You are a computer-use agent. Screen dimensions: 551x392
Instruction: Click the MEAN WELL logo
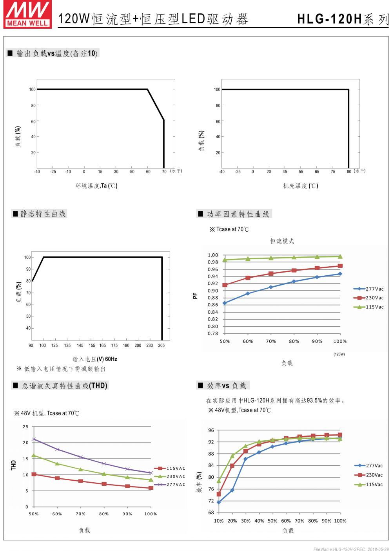[x=27, y=14]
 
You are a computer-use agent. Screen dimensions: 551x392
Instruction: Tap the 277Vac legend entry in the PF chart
[x=368, y=289]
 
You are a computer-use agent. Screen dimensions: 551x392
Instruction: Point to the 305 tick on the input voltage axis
[x=161, y=346]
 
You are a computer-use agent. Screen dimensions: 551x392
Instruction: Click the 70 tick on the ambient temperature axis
[x=164, y=172]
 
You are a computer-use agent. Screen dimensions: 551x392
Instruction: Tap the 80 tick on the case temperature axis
[x=349, y=172]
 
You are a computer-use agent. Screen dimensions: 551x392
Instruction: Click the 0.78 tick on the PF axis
[x=213, y=333]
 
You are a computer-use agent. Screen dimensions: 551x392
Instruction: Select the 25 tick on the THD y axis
[x=26, y=427]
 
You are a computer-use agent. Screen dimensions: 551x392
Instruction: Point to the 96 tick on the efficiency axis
[x=211, y=430]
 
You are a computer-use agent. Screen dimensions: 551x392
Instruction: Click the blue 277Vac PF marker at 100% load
[x=340, y=274]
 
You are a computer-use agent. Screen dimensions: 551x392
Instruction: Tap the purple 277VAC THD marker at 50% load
[x=34, y=439]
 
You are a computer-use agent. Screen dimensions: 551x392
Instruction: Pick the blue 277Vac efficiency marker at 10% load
[x=219, y=502]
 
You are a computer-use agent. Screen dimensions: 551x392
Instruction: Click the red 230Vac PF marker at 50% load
[x=225, y=285]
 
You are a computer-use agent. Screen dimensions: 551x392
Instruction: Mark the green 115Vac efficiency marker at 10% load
[x=219, y=481]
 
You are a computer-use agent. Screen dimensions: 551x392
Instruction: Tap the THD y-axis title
[x=14, y=465]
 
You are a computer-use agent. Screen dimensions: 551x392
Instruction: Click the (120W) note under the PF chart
[x=339, y=354]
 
